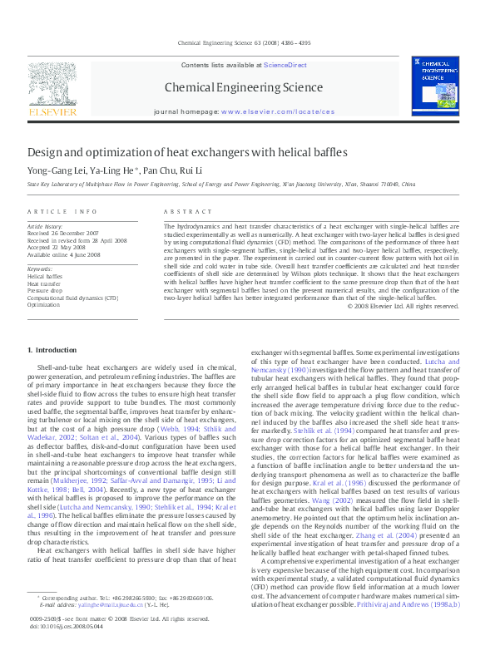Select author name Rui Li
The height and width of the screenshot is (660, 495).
(x=191, y=170)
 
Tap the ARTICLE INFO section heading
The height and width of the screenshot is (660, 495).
(x=62, y=212)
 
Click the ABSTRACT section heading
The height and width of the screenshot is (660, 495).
(x=182, y=212)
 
